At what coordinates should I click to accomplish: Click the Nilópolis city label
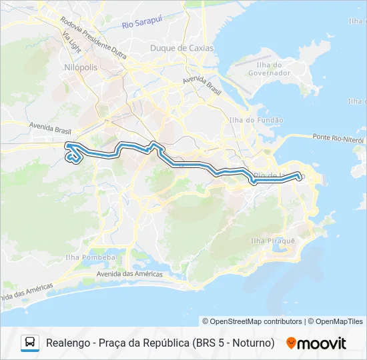click(x=81, y=68)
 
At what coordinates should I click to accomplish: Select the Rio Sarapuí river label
click(x=142, y=25)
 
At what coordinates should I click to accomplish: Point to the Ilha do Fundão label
click(x=256, y=120)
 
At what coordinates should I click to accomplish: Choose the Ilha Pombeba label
click(x=90, y=257)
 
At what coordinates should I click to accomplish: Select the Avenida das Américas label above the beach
click(x=129, y=274)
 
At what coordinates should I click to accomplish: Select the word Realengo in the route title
click(x=67, y=343)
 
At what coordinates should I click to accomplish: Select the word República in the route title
click(x=165, y=343)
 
